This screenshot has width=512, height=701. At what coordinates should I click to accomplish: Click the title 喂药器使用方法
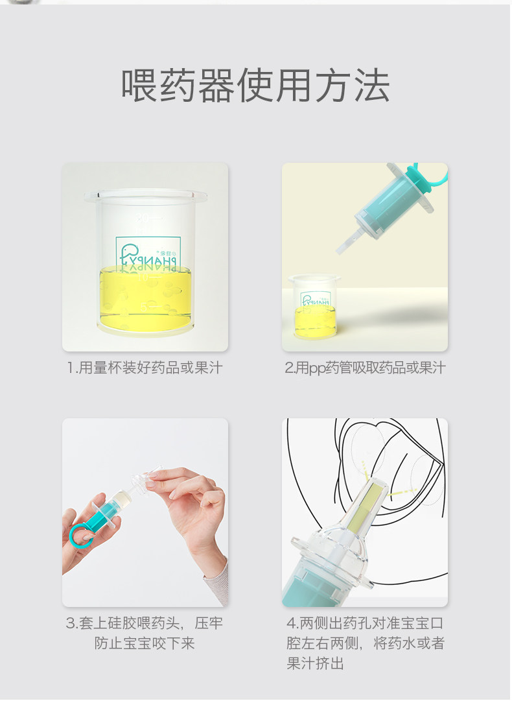point(255,86)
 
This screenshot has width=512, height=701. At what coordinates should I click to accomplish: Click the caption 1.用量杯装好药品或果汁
point(145,368)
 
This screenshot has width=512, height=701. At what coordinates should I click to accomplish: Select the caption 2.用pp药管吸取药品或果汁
point(365,368)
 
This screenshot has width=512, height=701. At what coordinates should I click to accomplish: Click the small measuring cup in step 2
point(314,307)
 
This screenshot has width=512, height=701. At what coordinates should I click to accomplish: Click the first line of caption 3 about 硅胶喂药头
point(145,623)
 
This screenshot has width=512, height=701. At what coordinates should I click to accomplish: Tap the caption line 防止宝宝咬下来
point(145,643)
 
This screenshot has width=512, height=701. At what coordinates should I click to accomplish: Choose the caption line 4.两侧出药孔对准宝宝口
point(365,623)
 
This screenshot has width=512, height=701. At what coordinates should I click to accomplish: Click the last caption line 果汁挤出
point(315,663)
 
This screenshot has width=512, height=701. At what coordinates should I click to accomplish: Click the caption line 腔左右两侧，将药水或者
point(365,643)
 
